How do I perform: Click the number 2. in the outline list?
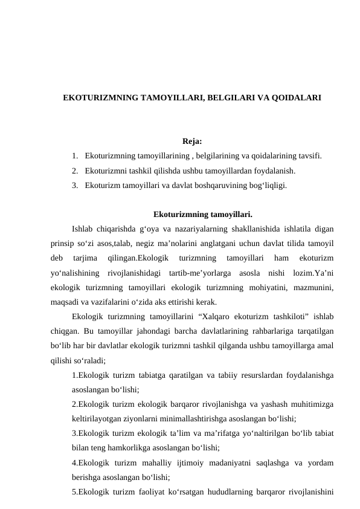tap(74, 171)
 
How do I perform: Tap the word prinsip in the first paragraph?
tap(64, 243)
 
